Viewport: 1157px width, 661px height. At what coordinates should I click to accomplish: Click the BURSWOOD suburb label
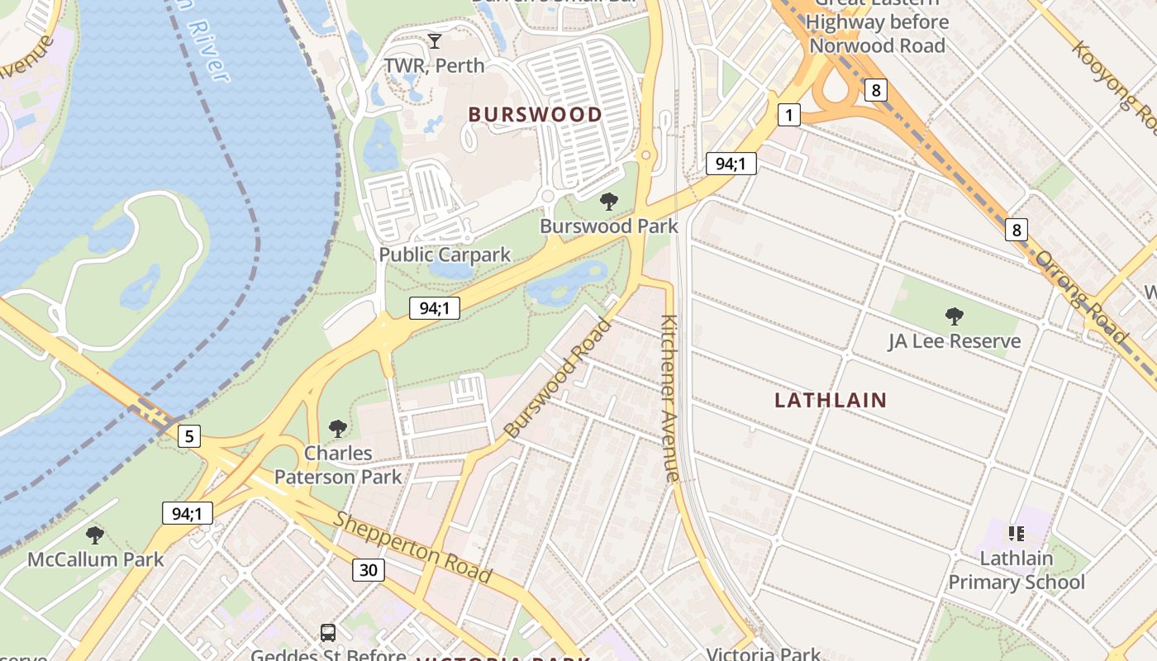tap(536, 115)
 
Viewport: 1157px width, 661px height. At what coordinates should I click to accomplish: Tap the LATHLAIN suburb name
tap(831, 401)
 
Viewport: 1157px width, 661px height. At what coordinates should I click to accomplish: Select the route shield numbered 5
tap(189, 435)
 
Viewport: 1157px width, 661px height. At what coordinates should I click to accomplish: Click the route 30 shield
tap(369, 569)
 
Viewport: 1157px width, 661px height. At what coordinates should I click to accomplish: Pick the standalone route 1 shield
tap(788, 115)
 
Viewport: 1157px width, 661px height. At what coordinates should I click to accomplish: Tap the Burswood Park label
tap(609, 226)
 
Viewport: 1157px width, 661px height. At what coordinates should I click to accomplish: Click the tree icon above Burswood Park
tap(609, 201)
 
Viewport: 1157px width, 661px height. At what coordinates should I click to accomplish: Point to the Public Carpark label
tap(445, 254)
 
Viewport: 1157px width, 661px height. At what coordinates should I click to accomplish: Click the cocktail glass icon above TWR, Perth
tap(435, 40)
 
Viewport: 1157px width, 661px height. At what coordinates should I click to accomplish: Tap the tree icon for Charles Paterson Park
tap(337, 428)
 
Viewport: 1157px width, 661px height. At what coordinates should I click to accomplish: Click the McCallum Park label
tap(96, 559)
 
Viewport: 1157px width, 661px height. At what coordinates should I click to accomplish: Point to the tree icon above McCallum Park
tap(95, 535)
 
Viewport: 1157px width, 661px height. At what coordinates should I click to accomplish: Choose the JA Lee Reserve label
tap(955, 341)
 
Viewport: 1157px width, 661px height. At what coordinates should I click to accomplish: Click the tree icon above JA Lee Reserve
tap(955, 316)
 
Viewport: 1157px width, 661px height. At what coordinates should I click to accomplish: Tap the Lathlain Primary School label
tap(1017, 570)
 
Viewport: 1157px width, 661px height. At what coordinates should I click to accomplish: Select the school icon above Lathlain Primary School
tap(1017, 534)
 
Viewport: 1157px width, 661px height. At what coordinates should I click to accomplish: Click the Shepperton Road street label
tap(412, 548)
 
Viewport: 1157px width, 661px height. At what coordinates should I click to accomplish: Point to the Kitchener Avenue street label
tap(669, 398)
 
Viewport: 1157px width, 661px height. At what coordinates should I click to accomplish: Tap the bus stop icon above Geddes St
tap(328, 633)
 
